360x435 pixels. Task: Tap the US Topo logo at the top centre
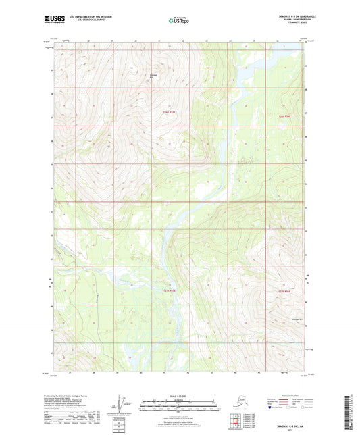coord(180,22)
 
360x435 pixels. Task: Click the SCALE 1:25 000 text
coord(180,396)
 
